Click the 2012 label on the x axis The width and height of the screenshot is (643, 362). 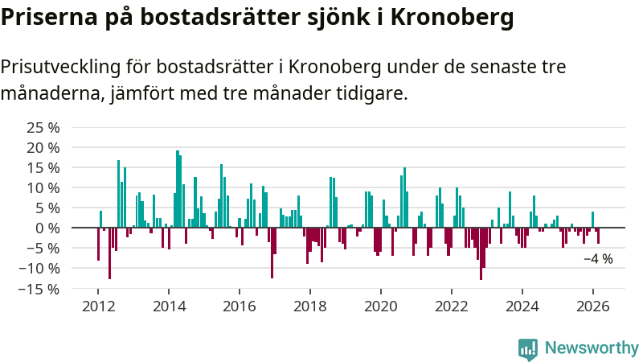click(98, 306)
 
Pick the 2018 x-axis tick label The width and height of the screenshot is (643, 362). click(309, 306)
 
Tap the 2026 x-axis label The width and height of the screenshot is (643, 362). click(592, 306)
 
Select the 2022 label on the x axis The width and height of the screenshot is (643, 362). click(451, 306)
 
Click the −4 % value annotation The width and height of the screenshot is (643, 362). click(598, 259)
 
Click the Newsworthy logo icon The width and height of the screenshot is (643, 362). click(528, 348)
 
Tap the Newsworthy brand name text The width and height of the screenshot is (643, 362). click(592, 348)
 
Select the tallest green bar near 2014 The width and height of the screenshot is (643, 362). click(178, 189)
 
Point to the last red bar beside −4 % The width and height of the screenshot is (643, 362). click(598, 236)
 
